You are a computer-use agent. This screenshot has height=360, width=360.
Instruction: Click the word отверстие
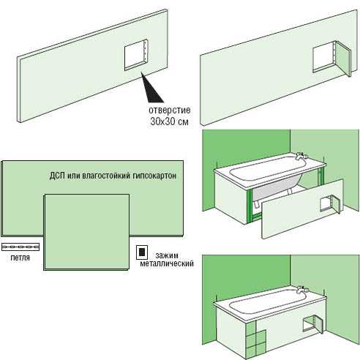[170, 110]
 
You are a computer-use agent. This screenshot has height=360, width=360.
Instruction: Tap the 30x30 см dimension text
[170, 121]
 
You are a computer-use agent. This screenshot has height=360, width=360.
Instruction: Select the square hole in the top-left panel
[136, 55]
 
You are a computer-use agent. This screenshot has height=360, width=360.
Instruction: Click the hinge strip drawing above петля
[20, 247]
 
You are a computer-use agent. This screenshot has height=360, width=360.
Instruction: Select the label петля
[20, 258]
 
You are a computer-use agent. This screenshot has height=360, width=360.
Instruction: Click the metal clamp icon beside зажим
[142, 252]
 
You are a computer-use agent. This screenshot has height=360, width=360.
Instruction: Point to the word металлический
[167, 263]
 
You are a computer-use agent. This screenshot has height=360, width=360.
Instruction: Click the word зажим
[167, 255]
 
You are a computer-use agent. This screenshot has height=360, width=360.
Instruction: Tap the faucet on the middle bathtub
[301, 156]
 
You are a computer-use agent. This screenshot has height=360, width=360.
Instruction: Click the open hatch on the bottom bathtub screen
[313, 324]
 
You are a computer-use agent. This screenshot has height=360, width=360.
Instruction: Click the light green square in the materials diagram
[86, 232]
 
